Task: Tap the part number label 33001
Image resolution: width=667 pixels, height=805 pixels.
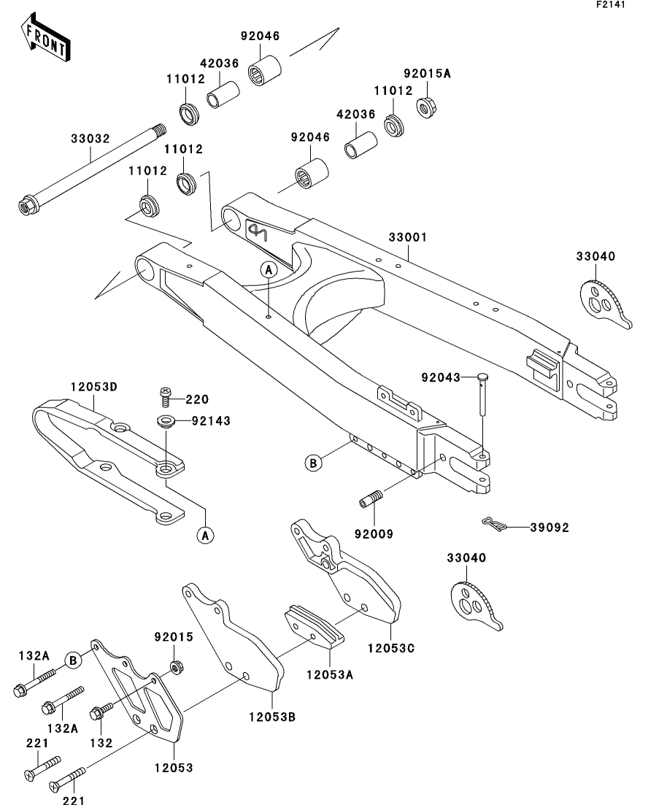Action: click(x=407, y=238)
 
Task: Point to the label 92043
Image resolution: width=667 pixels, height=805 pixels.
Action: click(x=441, y=377)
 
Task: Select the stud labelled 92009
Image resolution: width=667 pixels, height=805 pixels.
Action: click(x=371, y=501)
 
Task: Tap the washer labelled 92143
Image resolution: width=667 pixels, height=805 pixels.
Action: click(x=165, y=421)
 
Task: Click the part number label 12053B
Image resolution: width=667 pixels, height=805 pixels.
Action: click(x=271, y=717)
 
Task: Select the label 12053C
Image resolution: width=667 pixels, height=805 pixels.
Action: click(x=391, y=647)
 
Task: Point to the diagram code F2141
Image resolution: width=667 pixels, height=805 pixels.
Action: click(x=611, y=4)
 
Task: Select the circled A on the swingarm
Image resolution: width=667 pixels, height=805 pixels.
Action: click(x=269, y=269)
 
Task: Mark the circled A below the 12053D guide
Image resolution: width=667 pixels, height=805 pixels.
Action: click(x=205, y=536)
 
